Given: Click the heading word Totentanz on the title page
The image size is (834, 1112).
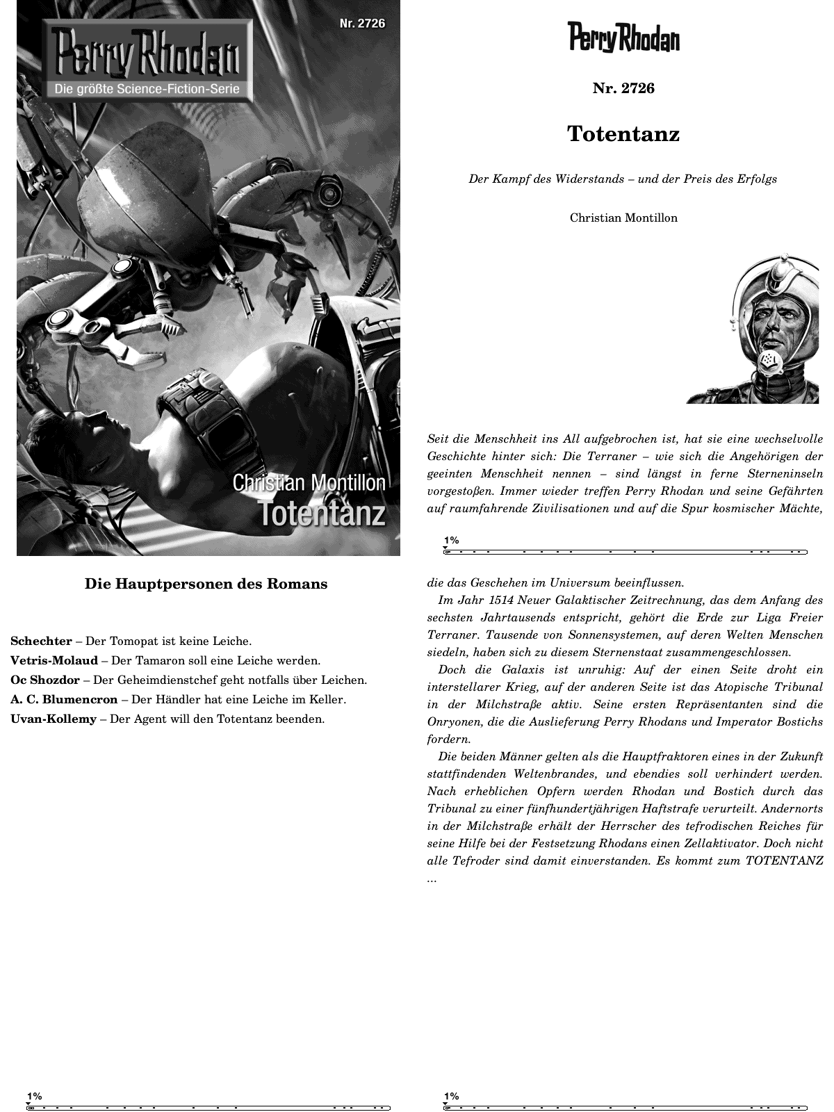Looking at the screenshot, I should [x=623, y=133].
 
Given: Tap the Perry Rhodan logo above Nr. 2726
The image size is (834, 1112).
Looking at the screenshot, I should [x=623, y=38].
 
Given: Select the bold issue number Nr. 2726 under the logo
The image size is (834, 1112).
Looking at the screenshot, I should [x=623, y=88].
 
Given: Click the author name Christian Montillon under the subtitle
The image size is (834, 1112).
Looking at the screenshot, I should [x=623, y=218].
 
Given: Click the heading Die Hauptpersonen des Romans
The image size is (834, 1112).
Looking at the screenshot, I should [x=206, y=584].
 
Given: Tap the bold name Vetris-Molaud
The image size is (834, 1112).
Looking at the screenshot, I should [x=54, y=660].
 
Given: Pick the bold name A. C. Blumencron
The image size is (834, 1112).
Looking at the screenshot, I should [x=64, y=699].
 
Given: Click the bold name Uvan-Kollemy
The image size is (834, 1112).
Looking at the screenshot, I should [x=54, y=719].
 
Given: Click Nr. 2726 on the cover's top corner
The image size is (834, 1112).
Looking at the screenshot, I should [x=362, y=24].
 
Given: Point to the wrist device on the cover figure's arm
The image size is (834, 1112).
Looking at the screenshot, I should [x=208, y=417].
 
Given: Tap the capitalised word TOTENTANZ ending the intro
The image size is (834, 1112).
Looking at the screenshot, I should [x=784, y=860].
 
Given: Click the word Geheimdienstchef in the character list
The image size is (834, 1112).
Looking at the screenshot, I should [x=173, y=680].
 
